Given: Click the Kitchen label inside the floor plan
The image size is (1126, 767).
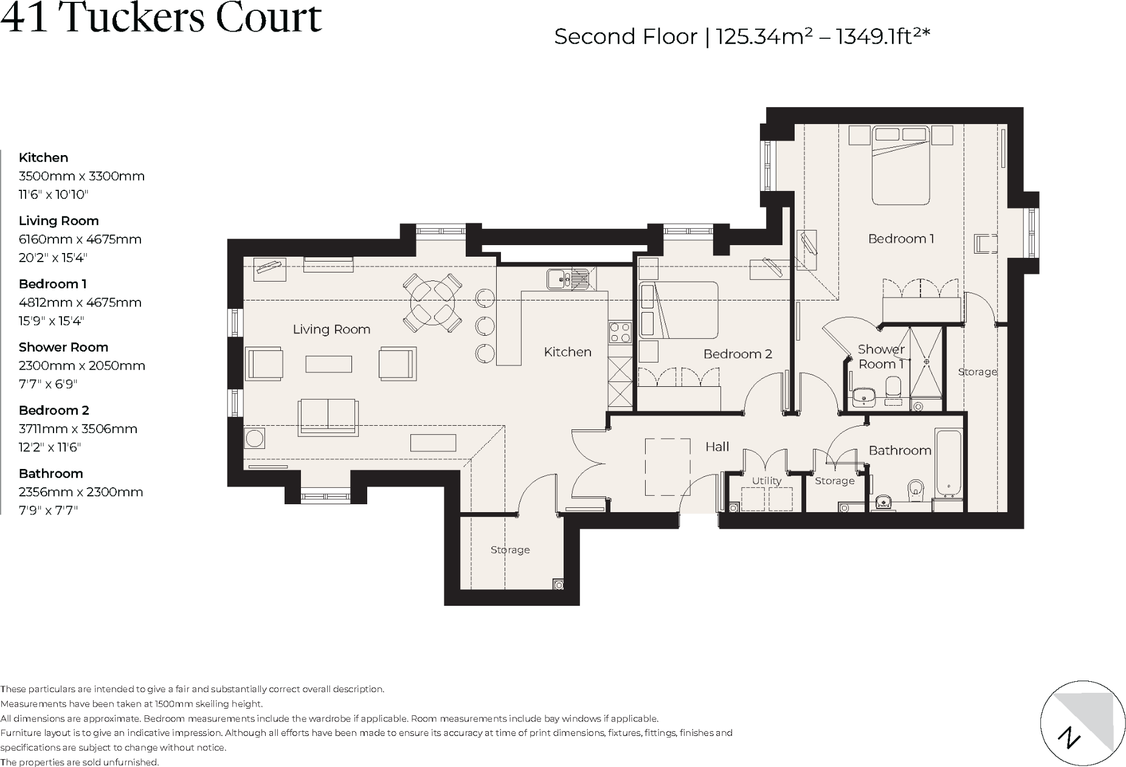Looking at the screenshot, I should coord(567,352).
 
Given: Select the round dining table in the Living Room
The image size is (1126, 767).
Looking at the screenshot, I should coord(432,302).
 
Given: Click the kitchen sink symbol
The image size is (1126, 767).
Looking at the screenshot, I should coord(567,279).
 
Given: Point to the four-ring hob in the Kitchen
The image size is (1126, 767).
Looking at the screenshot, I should coord(620,332).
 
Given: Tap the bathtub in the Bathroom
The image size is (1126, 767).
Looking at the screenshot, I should coord(948,462).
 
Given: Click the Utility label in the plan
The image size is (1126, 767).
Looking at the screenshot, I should coord(766,481).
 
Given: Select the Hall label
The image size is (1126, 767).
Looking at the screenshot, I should coord(717,447).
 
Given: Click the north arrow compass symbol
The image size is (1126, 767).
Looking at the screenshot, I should coord(1082,723).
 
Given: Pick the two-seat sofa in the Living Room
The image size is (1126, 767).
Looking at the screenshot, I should coord(327,417).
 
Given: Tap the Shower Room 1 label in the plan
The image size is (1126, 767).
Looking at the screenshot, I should coord(881,356).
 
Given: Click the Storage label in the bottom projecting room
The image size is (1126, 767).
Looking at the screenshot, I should coord(510,550).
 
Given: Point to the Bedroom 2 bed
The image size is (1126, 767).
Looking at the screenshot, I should coord(679,310).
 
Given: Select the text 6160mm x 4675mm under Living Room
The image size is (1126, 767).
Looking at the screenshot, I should coord(80,240).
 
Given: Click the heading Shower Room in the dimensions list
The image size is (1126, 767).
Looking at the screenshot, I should coord(63,347).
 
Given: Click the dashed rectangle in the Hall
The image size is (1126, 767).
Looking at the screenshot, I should coord(668,467).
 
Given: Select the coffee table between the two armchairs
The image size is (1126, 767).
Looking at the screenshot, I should coord(328,364).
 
